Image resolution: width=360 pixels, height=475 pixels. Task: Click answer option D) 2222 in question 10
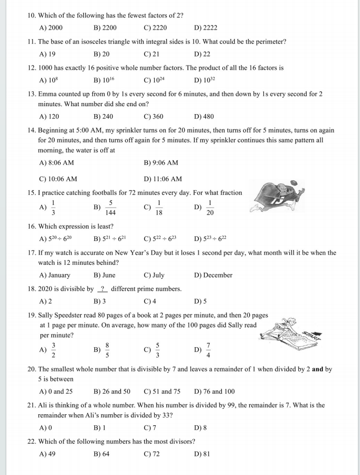[x=205, y=27]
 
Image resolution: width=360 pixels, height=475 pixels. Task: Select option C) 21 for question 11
[x=151, y=54]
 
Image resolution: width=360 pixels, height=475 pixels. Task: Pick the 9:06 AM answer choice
[x=161, y=163]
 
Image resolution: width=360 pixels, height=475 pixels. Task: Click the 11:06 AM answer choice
[x=163, y=179]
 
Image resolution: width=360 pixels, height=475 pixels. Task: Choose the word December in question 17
[x=213, y=275]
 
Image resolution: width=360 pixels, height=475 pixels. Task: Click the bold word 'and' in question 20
[x=317, y=369]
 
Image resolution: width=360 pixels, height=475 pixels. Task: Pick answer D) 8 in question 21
[x=201, y=427]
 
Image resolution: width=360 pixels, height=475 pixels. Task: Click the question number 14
[x=31, y=130]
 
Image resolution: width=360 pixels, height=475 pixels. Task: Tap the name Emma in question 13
[x=48, y=94]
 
